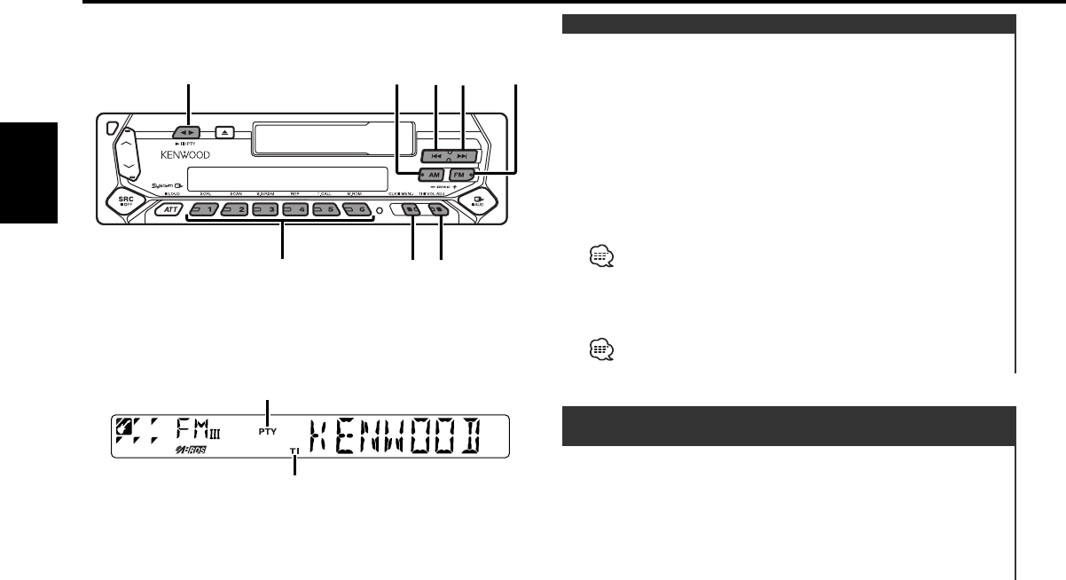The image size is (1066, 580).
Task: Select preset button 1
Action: click(x=204, y=210)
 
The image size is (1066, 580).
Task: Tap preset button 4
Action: click(x=295, y=210)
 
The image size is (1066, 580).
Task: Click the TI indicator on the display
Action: click(x=294, y=451)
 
